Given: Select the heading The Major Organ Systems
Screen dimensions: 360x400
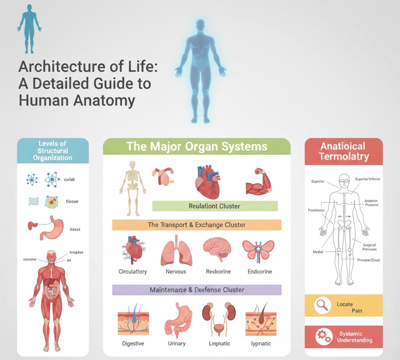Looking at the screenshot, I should coord(196,147).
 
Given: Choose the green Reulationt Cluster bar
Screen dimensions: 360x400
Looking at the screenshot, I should coord(214,206).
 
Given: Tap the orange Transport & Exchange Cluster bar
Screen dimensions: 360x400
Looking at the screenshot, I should coord(196,225).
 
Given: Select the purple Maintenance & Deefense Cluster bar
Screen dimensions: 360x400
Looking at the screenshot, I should coord(196,290).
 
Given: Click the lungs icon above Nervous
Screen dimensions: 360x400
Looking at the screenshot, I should coord(175,253).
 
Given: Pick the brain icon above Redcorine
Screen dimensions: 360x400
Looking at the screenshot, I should coord(217,251).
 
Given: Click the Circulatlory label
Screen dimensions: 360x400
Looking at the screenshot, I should coord(133,271).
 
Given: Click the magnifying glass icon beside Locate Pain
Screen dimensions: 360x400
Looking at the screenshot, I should coord(321,305).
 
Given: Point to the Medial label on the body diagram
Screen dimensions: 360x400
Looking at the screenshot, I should coord(318,252).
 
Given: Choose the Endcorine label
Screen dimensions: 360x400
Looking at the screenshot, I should coord(260,271).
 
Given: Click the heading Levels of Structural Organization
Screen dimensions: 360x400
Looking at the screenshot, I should coord(53,150).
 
